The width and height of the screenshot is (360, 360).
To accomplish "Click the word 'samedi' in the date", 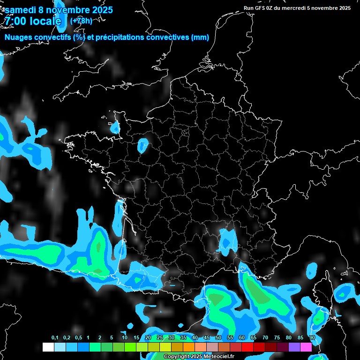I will click(21, 10).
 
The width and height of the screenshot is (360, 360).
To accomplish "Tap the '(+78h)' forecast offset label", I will click(81, 21).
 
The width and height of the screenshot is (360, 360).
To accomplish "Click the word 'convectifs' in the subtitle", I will click(53, 37).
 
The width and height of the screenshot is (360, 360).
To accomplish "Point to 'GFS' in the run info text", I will click(260, 8).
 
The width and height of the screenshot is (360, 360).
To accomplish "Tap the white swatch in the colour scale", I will click(48, 347).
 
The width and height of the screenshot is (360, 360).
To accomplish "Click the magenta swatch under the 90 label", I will click(306, 347).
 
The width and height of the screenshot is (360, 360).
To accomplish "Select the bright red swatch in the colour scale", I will click(247, 347).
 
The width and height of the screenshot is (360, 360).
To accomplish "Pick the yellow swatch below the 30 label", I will click(165, 347).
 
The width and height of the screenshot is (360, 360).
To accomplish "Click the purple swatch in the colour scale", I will click(294, 347).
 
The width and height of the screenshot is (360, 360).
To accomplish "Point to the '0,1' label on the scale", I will click(55, 338).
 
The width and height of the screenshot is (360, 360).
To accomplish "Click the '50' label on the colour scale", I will click(218, 338).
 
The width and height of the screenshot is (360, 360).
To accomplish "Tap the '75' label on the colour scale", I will click(277, 338).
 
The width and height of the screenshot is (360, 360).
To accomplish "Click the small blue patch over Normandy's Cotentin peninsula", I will click(115, 127).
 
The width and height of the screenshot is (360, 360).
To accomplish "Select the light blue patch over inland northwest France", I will click(143, 145).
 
